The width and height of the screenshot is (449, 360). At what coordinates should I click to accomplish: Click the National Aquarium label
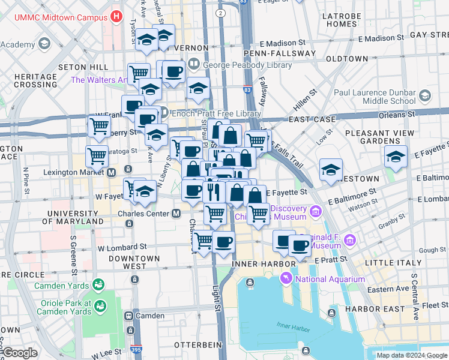click(331, 279)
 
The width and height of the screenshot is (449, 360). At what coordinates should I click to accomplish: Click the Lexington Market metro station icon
click(112, 172)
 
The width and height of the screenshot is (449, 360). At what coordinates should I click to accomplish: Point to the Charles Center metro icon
click(176, 213)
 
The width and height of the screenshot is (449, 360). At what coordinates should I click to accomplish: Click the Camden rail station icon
click(128, 316)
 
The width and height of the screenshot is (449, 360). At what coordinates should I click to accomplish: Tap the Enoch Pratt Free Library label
click(217, 113)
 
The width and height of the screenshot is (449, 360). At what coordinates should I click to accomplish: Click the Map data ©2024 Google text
click(411, 355)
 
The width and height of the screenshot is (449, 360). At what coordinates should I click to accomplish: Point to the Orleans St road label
click(396, 113)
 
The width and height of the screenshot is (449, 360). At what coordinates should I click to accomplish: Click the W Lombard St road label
click(122, 247)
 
